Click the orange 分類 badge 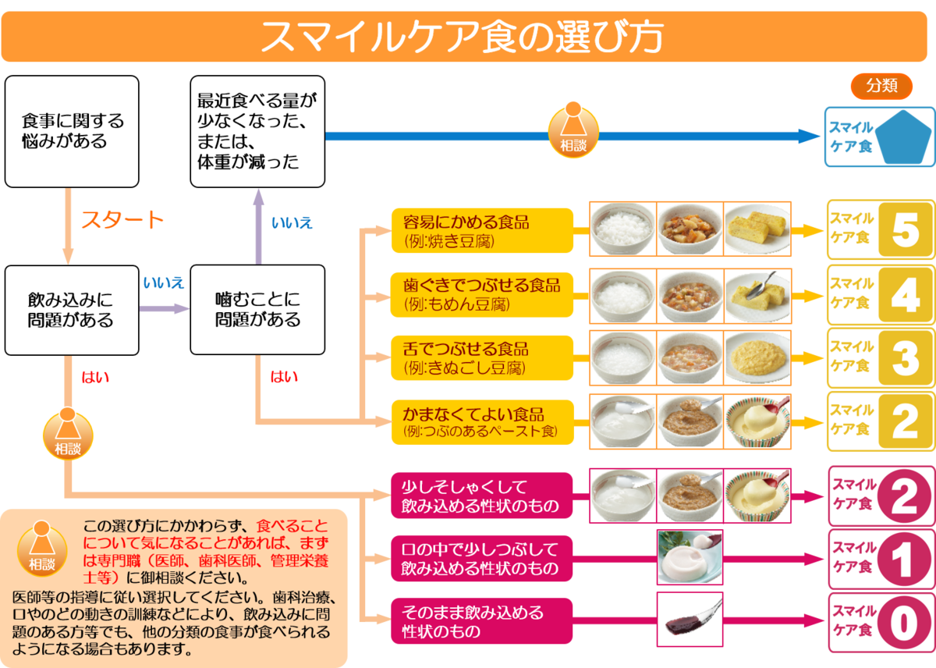point(881,86)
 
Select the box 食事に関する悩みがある point(72,131)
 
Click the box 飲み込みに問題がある point(72,310)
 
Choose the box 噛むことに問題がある point(257,310)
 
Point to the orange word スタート point(122,220)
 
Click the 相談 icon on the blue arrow point(573,130)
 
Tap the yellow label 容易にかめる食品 point(482,230)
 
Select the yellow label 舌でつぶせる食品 point(482,358)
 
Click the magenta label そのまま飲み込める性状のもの point(482,621)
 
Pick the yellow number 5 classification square point(905,229)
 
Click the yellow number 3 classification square point(905,358)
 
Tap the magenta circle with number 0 point(904,623)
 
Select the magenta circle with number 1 point(904,559)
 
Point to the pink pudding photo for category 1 point(690,557)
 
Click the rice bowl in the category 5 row point(622,229)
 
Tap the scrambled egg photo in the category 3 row point(757,358)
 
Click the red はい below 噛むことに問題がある point(284,377)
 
